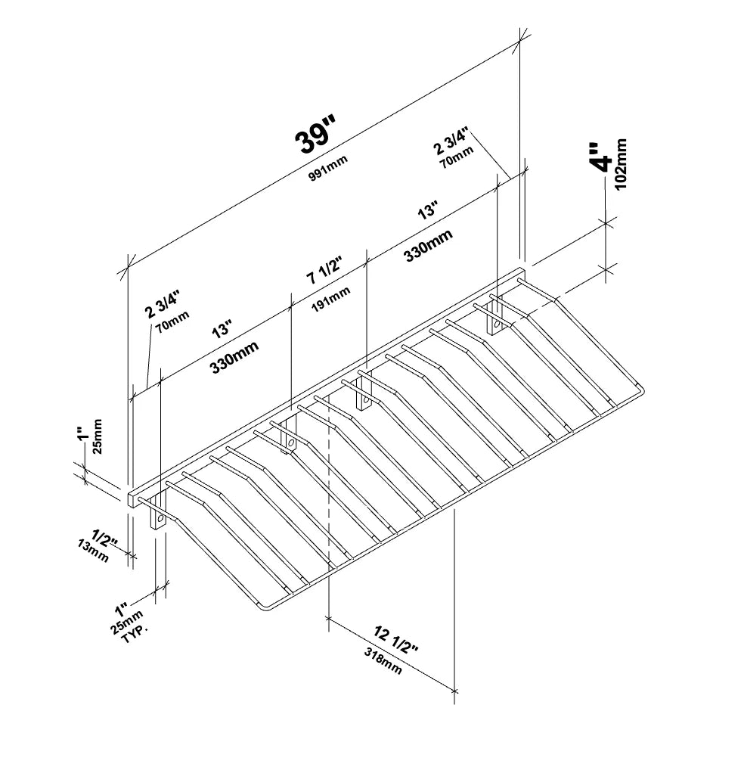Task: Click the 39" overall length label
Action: [315, 135]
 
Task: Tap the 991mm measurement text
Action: [328, 168]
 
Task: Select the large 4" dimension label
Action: [601, 158]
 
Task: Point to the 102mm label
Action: [621, 164]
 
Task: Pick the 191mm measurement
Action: [331, 298]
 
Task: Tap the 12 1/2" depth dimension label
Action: [396, 640]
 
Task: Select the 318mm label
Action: [383, 661]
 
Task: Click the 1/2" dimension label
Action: [105, 538]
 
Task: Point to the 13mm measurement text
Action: [93, 551]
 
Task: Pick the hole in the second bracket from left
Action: [290, 443]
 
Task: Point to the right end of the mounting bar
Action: [522, 273]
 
